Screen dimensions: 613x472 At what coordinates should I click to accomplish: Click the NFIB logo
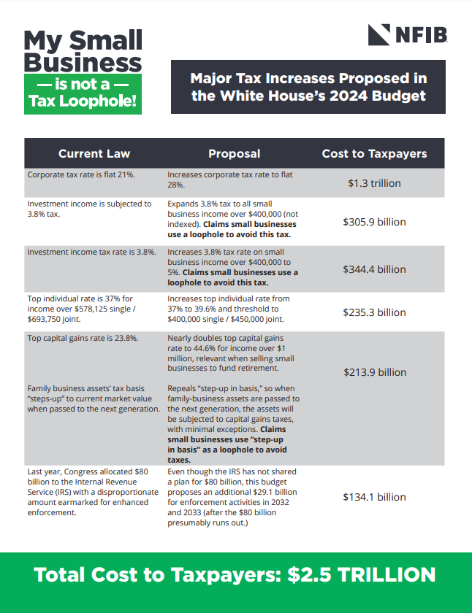coord(408,34)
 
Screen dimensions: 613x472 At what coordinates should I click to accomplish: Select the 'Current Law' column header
coord(94,153)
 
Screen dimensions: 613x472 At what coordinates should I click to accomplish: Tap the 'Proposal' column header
coord(234,153)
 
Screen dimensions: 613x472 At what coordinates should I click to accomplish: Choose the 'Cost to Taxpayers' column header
coord(374,153)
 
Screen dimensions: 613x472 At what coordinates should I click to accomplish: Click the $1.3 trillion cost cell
coord(374,183)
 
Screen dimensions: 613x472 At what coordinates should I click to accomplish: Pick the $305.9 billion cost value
coord(374,222)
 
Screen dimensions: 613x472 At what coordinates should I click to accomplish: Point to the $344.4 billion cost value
coord(374,269)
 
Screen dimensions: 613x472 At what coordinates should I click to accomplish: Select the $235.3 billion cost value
coord(374,312)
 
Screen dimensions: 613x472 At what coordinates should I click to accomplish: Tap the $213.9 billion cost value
coord(374,372)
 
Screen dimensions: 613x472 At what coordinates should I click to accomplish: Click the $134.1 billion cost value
coord(374,497)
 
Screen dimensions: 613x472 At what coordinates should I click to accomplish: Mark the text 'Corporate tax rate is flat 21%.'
coord(80,175)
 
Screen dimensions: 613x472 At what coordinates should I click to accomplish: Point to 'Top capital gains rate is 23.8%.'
coord(83,338)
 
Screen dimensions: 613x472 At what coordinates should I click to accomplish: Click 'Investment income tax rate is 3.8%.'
coord(91,252)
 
